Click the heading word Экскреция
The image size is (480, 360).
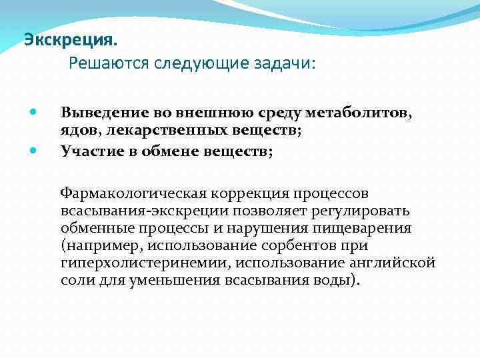tap(70, 40)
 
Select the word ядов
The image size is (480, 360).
tap(79, 132)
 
